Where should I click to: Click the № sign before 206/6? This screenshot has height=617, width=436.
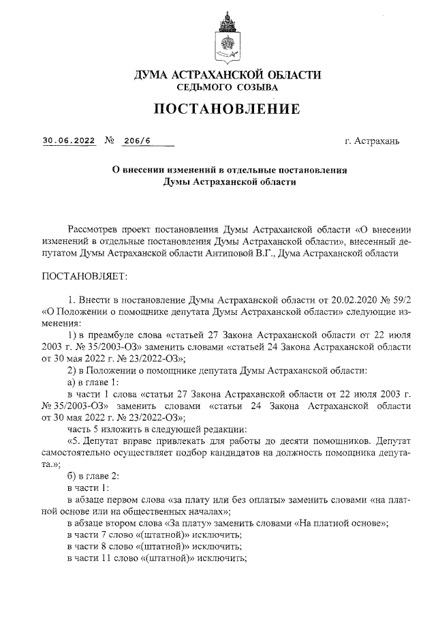click(x=109, y=141)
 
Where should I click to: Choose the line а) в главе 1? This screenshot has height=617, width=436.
click(x=93, y=382)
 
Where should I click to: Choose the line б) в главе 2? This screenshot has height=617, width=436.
click(x=93, y=478)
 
